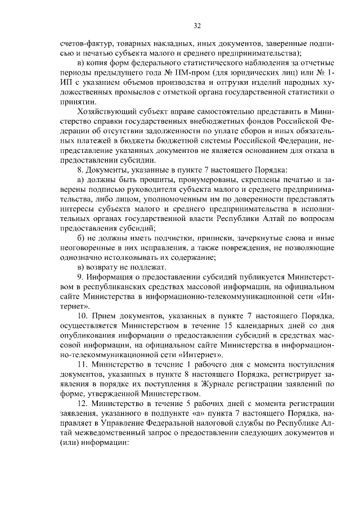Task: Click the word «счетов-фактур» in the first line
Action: point(84,43)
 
